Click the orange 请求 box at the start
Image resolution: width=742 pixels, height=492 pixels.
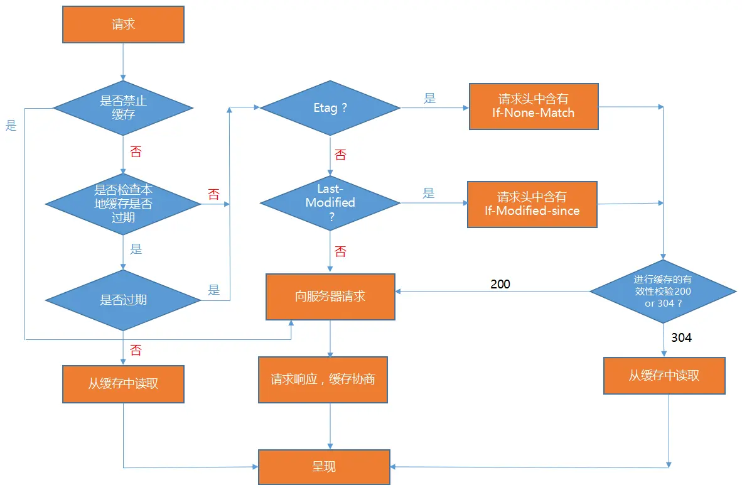(123, 25)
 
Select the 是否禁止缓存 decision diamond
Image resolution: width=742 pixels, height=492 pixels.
(123, 108)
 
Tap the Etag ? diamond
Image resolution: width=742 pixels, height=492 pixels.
(330, 108)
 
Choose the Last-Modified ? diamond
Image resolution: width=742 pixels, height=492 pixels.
(330, 203)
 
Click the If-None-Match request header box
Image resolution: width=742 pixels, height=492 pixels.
(534, 107)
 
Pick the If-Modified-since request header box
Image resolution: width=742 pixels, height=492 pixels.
(532, 205)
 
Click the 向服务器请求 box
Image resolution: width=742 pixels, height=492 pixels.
(330, 297)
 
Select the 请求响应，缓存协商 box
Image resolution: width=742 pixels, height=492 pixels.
(323, 380)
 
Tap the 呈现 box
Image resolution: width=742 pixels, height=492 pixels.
(324, 467)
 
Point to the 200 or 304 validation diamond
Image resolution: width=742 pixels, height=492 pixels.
(663, 291)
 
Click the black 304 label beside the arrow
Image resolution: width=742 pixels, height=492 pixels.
(682, 337)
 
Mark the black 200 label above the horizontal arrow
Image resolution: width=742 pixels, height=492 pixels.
(500, 284)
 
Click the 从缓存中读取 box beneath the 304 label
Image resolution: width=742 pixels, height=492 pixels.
(664, 376)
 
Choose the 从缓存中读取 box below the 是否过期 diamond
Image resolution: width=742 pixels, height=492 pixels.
(123, 384)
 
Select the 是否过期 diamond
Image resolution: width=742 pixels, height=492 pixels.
(123, 300)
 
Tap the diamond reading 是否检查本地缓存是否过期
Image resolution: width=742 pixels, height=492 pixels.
(123, 204)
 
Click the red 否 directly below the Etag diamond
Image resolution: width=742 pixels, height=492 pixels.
(340, 155)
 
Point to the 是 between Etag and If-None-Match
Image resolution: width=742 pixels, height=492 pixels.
(429, 99)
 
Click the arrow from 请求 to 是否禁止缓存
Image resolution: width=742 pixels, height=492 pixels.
(123, 62)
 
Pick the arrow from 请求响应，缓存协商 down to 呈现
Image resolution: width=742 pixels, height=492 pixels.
(330, 426)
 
